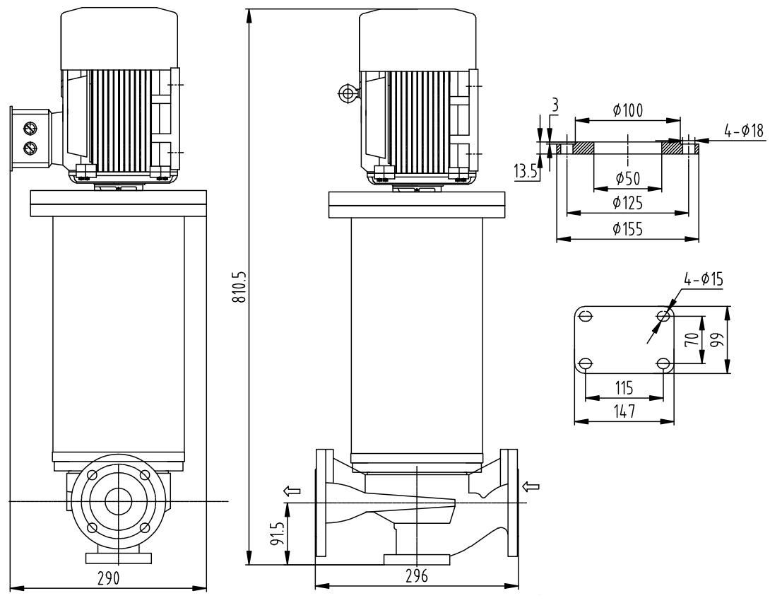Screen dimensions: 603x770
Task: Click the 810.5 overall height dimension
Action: [241, 286]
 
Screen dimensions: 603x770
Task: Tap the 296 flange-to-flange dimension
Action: [416, 576]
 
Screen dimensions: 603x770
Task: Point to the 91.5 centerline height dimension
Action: [278, 534]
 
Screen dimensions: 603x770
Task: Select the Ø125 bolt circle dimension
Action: [627, 204]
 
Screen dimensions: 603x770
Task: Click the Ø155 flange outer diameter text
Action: [627, 229]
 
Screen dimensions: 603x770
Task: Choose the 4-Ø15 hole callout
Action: [703, 279]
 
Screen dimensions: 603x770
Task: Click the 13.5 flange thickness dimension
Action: [525, 172]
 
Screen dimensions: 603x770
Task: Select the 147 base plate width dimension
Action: [623, 411]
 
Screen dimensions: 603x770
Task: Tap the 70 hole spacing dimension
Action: [694, 340]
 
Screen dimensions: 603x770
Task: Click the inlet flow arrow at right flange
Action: [533, 486]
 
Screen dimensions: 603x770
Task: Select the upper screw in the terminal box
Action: [30, 129]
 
